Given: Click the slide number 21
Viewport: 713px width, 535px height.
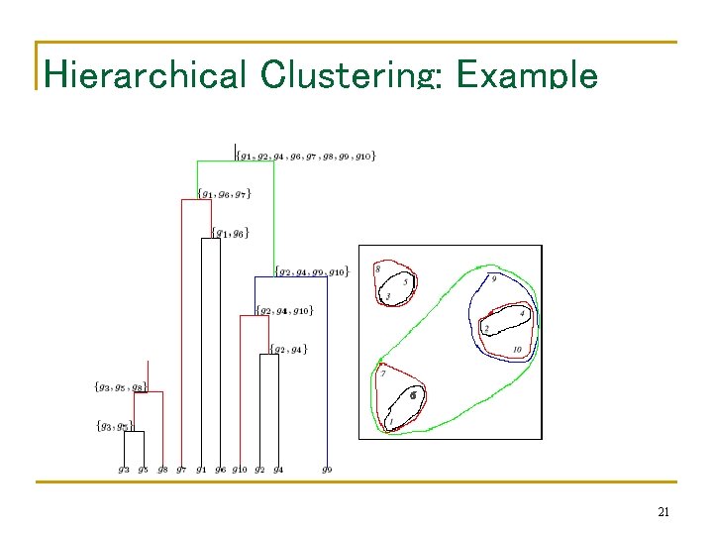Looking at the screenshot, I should click(663, 512).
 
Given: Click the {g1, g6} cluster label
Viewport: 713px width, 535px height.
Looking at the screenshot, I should click(230, 234).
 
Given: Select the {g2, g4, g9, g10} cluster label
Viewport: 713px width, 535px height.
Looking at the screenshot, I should click(311, 271).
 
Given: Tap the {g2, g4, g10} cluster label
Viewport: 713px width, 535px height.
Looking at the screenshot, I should click(285, 311).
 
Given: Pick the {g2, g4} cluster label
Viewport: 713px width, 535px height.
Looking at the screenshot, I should click(289, 349).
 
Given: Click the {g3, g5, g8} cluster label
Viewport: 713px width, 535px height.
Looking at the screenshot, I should click(120, 387).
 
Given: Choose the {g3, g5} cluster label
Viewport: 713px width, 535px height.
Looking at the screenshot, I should click(115, 426).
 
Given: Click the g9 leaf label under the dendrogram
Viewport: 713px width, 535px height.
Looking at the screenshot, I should click(327, 469).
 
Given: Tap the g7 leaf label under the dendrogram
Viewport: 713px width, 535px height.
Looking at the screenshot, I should click(181, 469).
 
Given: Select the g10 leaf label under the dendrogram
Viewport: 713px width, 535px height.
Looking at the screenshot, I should click(240, 469).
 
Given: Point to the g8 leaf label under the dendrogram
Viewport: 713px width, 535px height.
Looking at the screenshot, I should click(162, 469).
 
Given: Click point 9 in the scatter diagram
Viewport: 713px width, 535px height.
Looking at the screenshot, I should click(494, 278).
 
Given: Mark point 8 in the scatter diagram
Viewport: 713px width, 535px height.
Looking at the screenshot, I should click(377, 268).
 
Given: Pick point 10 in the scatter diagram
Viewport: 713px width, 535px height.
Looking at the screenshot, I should click(517, 350).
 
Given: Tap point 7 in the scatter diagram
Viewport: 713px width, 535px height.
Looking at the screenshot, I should click(383, 374).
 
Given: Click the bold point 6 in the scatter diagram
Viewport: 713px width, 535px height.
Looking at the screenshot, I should click(414, 394).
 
